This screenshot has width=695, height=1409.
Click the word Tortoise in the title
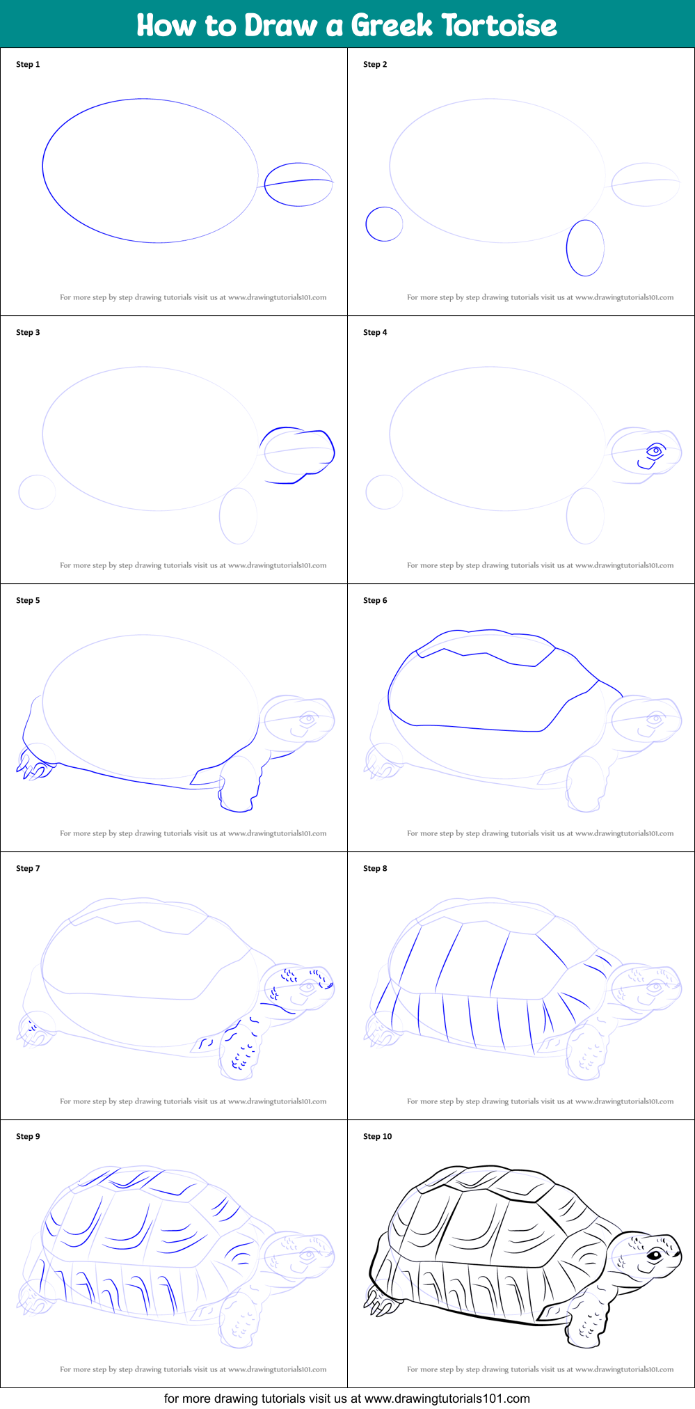click(500, 26)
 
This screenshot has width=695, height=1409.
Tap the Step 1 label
click(28, 65)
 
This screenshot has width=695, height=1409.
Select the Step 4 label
click(375, 333)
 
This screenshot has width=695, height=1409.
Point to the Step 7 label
click(28, 869)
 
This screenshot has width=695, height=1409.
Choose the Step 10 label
click(378, 1137)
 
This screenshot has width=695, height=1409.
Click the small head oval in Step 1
click(298, 184)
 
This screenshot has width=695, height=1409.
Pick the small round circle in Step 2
click(384, 224)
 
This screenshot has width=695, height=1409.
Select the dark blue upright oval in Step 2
click(585, 248)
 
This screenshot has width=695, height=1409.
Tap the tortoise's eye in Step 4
click(655, 451)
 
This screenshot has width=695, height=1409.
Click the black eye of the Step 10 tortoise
click(655, 1254)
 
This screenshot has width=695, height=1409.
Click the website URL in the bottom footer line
click(447, 1399)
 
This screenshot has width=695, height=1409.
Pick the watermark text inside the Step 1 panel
click(193, 297)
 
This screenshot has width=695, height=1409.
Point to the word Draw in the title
click(281, 26)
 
